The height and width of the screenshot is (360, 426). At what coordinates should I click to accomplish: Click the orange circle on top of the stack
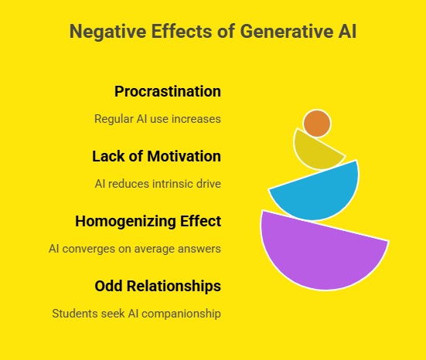point(317,123)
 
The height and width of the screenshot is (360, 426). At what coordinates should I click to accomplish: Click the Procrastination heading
point(168,91)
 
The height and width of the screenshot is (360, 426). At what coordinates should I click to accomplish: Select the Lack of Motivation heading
point(156,156)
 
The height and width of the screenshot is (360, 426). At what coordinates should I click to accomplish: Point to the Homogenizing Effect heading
point(148,221)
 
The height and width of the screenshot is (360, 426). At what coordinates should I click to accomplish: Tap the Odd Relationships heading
point(158,286)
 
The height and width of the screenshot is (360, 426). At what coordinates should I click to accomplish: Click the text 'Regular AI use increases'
point(158,119)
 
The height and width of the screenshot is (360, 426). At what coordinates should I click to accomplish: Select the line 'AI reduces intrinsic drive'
point(157,184)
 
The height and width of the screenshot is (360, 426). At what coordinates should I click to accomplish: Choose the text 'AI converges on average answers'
point(135,249)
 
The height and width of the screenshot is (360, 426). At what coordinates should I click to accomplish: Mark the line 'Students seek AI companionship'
point(137,314)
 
